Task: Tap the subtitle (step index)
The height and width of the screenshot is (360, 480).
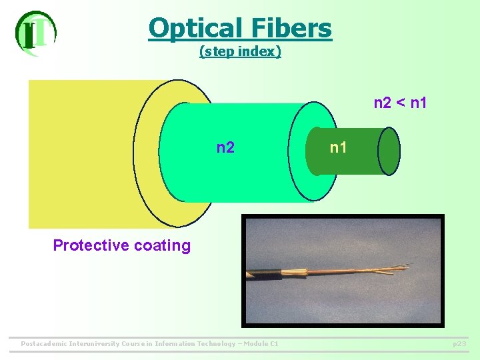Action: point(240,51)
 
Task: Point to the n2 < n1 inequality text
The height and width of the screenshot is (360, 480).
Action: point(400,103)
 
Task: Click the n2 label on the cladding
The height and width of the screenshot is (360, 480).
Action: point(225,147)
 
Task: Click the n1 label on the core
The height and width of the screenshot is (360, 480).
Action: point(339,147)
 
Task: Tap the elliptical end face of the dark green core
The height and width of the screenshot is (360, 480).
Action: point(389,151)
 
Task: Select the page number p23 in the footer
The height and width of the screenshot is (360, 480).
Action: point(459,344)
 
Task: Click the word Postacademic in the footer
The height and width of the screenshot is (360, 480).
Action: point(44,344)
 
